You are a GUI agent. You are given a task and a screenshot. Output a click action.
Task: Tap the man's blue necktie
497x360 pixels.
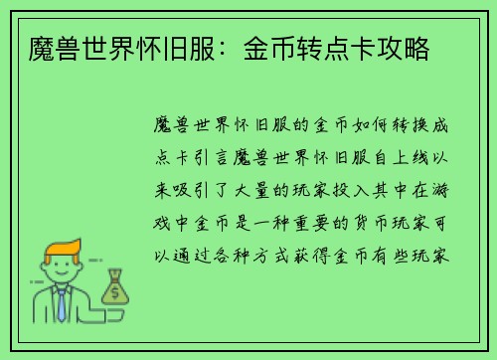[x=62, y=302]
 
